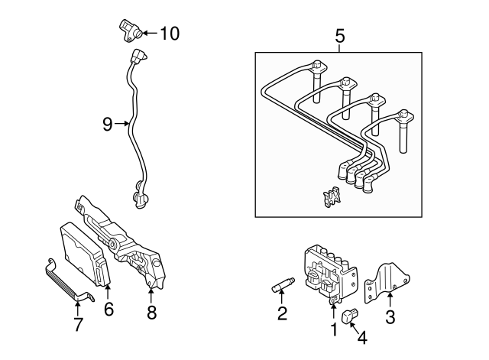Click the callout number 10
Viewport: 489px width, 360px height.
[x=169, y=33]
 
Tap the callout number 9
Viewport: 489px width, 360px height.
[x=107, y=123]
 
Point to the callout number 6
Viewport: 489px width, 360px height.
[x=108, y=309]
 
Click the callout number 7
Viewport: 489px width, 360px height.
[x=78, y=323]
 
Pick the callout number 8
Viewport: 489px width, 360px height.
[x=151, y=311]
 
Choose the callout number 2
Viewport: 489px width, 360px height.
[x=282, y=313]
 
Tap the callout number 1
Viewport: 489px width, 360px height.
[x=333, y=329]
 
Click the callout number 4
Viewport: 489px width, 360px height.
[x=361, y=336]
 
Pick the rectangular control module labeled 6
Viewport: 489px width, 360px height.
[x=84, y=252]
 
